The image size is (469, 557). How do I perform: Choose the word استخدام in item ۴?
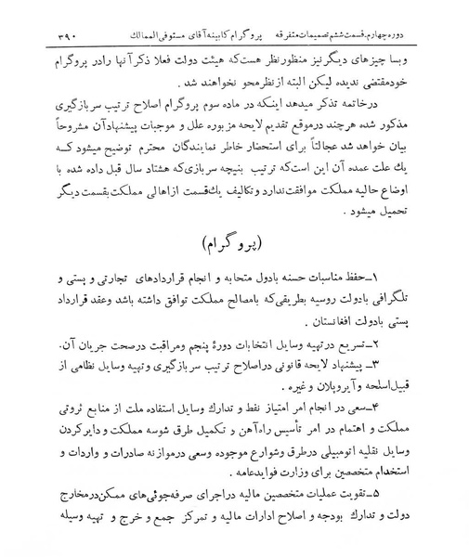[413, 471]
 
